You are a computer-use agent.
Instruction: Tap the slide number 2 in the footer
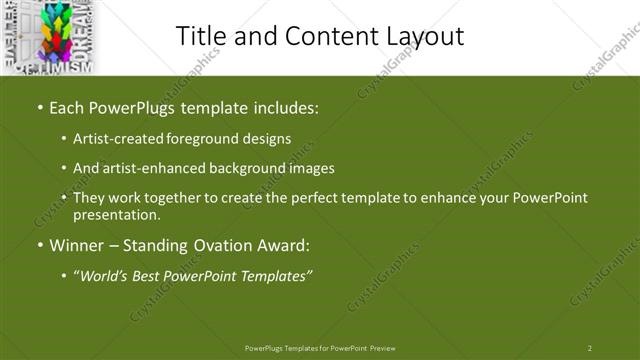point(590,347)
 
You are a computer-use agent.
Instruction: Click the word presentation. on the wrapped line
point(116,214)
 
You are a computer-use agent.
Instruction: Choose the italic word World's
point(104,275)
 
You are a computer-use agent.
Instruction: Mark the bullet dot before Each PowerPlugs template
point(39,106)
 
